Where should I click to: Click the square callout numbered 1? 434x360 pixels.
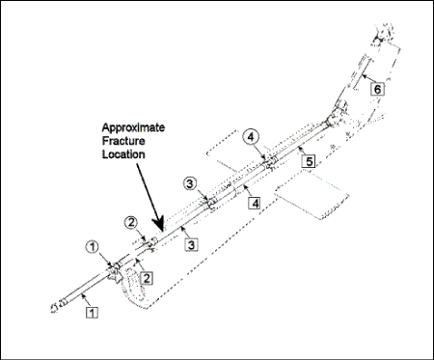point(92,313)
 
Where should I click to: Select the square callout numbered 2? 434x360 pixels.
point(147,278)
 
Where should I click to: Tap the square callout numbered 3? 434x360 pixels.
point(191,245)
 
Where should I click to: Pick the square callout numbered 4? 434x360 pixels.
point(255,204)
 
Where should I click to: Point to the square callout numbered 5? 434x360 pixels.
point(309,161)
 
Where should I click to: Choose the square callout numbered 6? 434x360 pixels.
point(377,89)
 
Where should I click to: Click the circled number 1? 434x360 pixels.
point(93,247)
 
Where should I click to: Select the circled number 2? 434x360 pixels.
point(131,223)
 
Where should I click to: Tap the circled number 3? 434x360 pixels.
point(190,183)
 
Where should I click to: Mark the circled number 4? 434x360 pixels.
point(251,137)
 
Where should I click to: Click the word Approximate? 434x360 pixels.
point(133,127)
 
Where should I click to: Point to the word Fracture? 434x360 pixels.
point(123,141)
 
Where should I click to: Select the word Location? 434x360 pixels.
point(123,154)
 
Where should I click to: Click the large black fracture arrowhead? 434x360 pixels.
point(158,223)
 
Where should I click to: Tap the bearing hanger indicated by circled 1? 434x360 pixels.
point(113,270)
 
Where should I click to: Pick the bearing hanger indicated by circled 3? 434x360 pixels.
point(211,203)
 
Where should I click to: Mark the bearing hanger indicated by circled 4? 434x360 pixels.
point(270,163)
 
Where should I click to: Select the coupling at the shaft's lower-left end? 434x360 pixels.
point(57,306)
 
